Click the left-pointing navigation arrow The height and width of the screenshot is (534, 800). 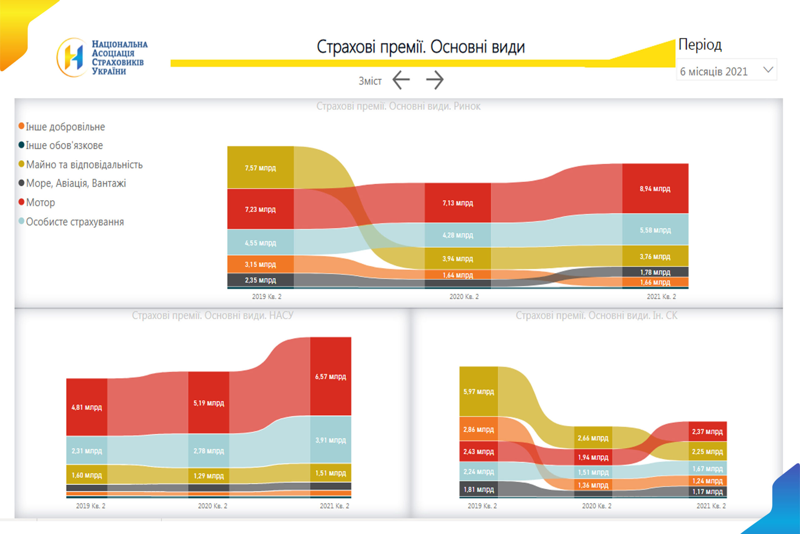(401, 80)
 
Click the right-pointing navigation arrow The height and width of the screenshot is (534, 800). (435, 80)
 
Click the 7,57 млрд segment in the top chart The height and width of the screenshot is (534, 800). (260, 168)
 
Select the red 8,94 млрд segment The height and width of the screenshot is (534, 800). (655, 189)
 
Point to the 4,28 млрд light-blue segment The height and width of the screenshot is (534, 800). (457, 235)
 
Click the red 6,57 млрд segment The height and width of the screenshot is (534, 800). (330, 376)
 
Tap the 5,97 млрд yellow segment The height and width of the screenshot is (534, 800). (478, 391)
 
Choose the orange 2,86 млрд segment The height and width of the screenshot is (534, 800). (478, 429)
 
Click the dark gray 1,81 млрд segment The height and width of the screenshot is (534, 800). (478, 489)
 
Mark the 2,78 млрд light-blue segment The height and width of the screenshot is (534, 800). (208, 450)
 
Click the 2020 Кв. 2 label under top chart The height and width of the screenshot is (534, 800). (464, 297)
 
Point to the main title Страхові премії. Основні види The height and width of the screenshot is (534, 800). (421, 47)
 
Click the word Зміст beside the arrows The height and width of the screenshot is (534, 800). (370, 81)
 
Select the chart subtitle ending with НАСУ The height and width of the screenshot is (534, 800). (212, 315)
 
